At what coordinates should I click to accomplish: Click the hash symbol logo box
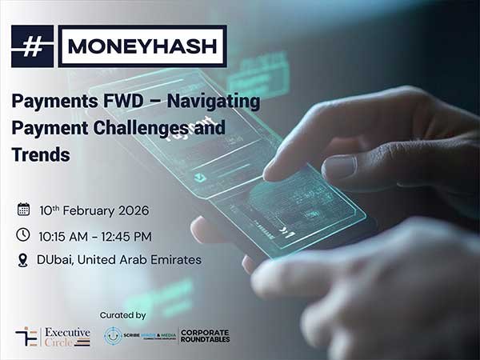(x=32, y=46)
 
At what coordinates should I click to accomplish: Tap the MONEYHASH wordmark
(x=142, y=46)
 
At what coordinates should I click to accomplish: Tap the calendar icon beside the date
(x=23, y=210)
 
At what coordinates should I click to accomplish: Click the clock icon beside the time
(x=23, y=234)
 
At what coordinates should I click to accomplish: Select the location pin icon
(x=23, y=259)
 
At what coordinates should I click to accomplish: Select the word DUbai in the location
(x=54, y=260)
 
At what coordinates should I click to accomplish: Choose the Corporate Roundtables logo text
(x=204, y=336)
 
